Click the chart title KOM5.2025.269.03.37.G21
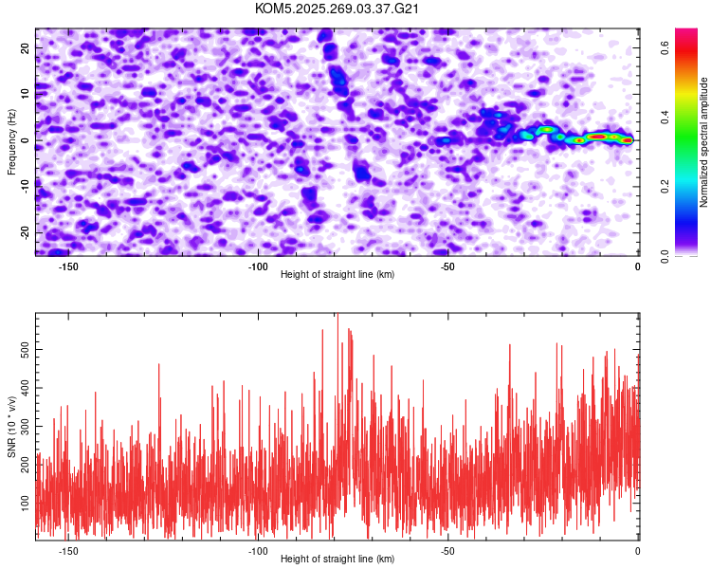(337, 9)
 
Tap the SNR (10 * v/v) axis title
(11, 428)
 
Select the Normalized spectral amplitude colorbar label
(704, 142)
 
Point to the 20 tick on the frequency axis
(25, 47)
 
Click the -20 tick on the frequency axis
(23, 232)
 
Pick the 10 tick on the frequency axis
(25, 94)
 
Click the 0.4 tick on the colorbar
(665, 117)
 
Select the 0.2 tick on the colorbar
(665, 186)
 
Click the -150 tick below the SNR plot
(67, 551)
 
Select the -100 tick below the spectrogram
(257, 266)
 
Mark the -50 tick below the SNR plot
(447, 551)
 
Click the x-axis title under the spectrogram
(337, 275)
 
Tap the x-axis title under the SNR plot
(337, 560)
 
